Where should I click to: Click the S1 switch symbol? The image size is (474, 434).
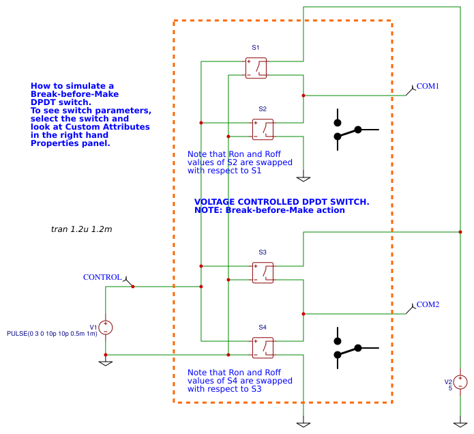coord(256,68)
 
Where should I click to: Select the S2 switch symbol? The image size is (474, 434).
coord(263,130)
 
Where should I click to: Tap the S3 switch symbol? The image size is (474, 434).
coord(263,273)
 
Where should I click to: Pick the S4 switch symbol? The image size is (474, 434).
coord(263,348)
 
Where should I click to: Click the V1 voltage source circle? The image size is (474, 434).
coord(106,328)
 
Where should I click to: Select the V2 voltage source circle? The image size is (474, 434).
coord(461,382)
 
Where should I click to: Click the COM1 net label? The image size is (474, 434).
coord(428,86)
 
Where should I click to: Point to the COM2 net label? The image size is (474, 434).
coord(428,304)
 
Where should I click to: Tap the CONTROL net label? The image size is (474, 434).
coord(102,277)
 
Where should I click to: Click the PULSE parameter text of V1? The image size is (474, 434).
coord(52,334)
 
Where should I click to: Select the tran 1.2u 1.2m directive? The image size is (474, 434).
coord(81,229)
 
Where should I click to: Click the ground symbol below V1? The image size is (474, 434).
coord(106,362)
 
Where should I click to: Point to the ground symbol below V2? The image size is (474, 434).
coord(461,424)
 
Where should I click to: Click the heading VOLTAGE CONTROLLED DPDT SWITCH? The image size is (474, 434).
coord(282,202)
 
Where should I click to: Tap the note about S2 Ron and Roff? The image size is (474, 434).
coord(240,162)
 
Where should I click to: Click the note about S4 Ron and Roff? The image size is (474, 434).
coord(240,381)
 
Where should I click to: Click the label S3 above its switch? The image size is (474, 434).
coord(263,252)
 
